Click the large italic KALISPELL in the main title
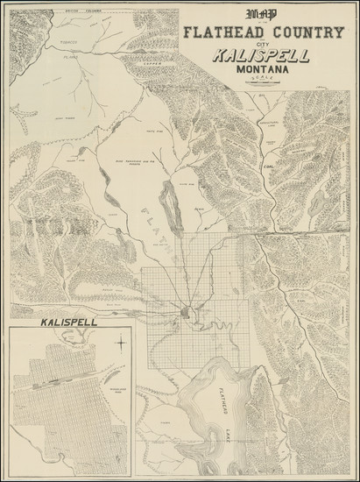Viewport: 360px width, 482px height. (260, 58)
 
